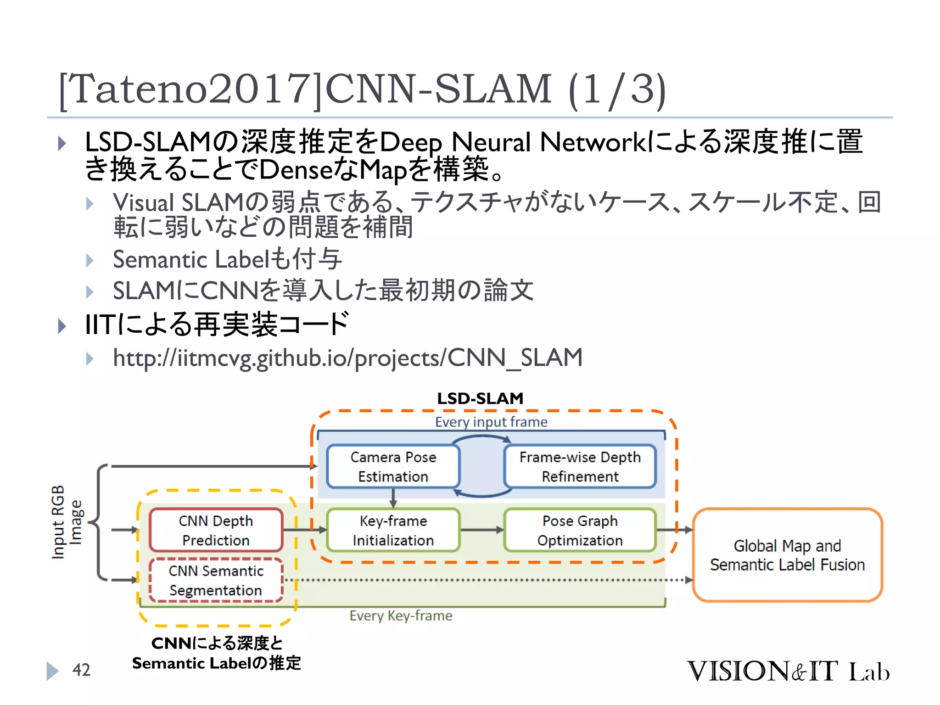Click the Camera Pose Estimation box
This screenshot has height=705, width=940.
click(393, 466)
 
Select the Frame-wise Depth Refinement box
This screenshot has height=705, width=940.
click(580, 466)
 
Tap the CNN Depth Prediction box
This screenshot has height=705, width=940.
click(216, 530)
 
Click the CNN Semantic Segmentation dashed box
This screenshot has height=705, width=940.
click(216, 580)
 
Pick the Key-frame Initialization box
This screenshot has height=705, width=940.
click(393, 530)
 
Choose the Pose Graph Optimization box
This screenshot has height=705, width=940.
click(580, 530)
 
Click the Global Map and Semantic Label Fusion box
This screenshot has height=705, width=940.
click(787, 555)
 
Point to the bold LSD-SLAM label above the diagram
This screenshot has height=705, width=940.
click(480, 398)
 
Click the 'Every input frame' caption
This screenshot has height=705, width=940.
click(491, 422)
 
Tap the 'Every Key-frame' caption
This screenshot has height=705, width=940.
click(401, 615)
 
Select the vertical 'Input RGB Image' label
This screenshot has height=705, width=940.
click(67, 522)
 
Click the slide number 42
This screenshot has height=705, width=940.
click(81, 670)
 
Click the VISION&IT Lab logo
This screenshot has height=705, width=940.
click(788, 671)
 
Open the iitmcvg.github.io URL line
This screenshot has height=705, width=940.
click(347, 358)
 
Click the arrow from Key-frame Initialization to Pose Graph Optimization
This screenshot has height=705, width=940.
click(481, 530)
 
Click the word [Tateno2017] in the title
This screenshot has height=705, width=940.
click(190, 89)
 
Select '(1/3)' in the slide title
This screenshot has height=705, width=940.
click(616, 89)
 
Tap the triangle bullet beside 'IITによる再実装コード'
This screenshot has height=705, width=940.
click(62, 326)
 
